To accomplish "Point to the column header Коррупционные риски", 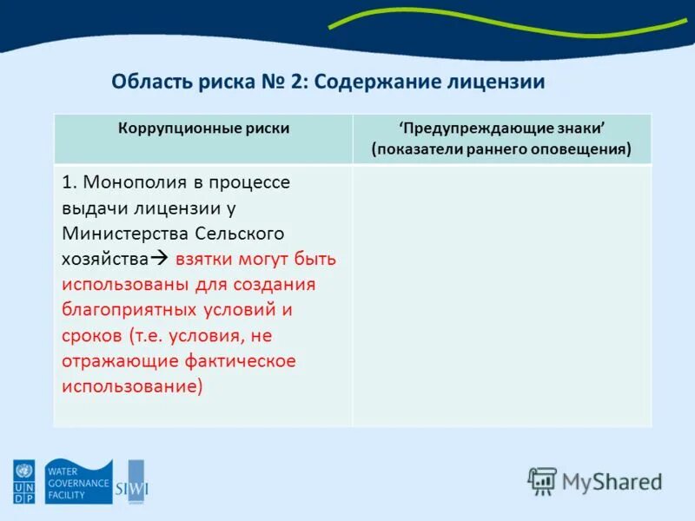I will (204, 129).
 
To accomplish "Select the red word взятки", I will (206, 259).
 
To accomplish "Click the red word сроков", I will (91, 334).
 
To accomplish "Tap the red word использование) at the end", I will (132, 385).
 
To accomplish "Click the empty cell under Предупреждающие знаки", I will (501, 295).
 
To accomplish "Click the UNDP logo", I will (22, 482).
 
